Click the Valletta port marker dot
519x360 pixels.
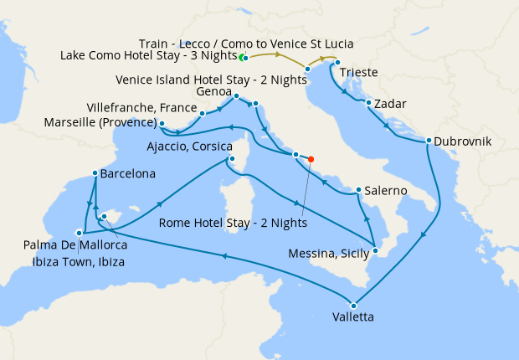[353, 305]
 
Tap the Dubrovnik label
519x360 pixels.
[465, 141]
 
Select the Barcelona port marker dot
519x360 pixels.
[93, 174]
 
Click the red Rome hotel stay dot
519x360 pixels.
[311, 158]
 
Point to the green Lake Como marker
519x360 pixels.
[242, 58]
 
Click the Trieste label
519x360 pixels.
[359, 73]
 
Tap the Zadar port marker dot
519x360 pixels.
[368, 103]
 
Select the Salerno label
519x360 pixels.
[386, 191]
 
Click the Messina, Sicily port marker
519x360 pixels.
[376, 250]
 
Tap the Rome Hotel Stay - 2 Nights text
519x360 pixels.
[233, 224]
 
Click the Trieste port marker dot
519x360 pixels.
[337, 63]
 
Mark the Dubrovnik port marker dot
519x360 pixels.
[428, 141]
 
